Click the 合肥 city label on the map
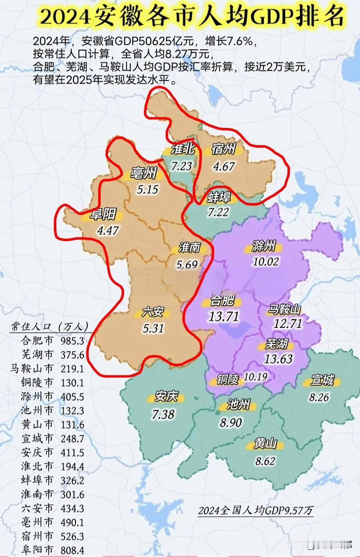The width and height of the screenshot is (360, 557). pos(222,301)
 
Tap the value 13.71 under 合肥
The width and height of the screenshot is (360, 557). pos(223,316)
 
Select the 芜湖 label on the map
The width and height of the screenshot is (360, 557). pos(276,344)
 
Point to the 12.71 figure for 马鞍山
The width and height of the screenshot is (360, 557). pos(288,324)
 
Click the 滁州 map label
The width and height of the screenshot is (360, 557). pos(264,246)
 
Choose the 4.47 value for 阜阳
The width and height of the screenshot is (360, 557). pos(108,230)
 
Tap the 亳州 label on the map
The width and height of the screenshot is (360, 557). pos(143,173)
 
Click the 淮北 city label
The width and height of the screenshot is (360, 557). pos(183,149)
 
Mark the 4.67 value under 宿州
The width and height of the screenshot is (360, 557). pos(224,167)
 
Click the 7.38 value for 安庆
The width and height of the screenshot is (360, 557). pos(163,414)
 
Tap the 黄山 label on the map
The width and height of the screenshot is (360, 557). pos(265,444)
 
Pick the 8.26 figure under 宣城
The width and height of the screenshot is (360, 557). pos(319,397)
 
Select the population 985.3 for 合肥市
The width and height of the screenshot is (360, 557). pos(72,341)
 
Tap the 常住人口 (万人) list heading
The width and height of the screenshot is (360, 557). pos(49,326)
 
